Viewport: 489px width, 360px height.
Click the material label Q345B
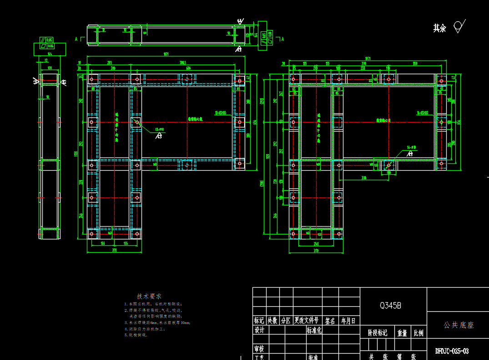pyautogui.click(x=390, y=306)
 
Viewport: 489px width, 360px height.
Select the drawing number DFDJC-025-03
pyautogui.click(x=452, y=351)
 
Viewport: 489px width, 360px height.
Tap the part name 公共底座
pyautogui.click(x=459, y=325)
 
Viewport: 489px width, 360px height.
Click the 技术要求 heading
pyautogui.click(x=149, y=296)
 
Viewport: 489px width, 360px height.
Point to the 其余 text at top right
pyautogui.click(x=439, y=28)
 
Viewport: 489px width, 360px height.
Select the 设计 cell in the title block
pyautogui.click(x=259, y=330)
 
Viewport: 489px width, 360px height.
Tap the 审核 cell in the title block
pyautogui.click(x=259, y=349)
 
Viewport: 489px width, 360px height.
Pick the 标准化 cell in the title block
pyautogui.click(x=314, y=330)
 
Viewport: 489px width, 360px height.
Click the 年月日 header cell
pyautogui.click(x=349, y=321)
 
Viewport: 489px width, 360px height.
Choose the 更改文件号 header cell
pyautogui.click(x=306, y=321)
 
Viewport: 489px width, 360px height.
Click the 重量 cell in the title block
pyautogui.click(x=402, y=333)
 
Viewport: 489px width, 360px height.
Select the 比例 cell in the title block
pyautogui.click(x=418, y=333)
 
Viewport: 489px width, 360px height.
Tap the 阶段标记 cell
pyautogui.click(x=378, y=333)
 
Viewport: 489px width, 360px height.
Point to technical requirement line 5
pyautogui.click(x=136, y=335)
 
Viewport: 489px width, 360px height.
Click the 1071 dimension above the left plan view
pyautogui.click(x=166, y=55)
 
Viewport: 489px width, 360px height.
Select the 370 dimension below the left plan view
pyautogui.click(x=113, y=250)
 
